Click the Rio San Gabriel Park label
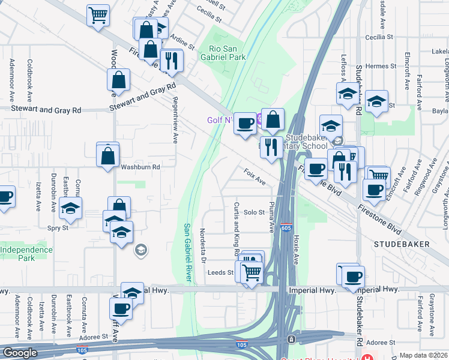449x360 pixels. click(228, 53)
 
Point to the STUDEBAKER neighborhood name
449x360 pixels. click(402, 244)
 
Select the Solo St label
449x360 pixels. click(254, 212)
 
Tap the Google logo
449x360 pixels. click(19, 353)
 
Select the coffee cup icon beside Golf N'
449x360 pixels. click(244, 124)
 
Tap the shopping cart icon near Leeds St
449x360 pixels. click(252, 273)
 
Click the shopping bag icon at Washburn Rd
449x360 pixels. click(108, 156)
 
